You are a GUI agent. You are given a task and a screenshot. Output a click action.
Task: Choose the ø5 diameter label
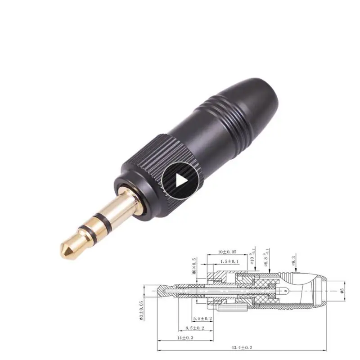pos(342,291)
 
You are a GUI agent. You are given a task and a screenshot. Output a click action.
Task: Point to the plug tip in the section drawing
pos(160,291)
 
